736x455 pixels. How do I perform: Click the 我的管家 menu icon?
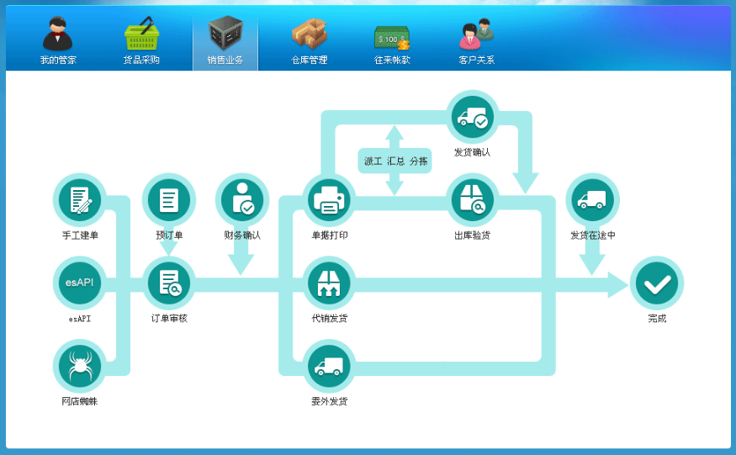coord(57,35)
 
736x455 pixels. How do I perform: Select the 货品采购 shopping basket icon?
coord(141,35)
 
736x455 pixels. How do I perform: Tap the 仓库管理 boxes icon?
coord(309,35)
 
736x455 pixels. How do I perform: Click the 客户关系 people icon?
coord(476,35)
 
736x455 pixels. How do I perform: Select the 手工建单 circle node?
coord(80,200)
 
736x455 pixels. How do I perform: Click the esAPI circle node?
coord(80,283)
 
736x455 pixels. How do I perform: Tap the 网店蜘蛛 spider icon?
coord(80,365)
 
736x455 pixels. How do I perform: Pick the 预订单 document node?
coord(169,200)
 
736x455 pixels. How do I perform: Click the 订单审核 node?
coord(169,283)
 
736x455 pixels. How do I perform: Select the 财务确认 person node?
coord(242,200)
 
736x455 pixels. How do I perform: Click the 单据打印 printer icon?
coord(329,200)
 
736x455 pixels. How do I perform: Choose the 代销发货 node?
coord(329,283)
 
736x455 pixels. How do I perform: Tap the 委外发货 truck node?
coord(329,366)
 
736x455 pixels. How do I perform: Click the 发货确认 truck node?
coord(472,118)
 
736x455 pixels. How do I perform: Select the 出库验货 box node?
coord(472,200)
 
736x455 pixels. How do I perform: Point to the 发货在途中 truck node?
coord(592,200)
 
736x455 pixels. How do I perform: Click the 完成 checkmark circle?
coord(656,283)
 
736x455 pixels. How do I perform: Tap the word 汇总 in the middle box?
coord(395,161)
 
